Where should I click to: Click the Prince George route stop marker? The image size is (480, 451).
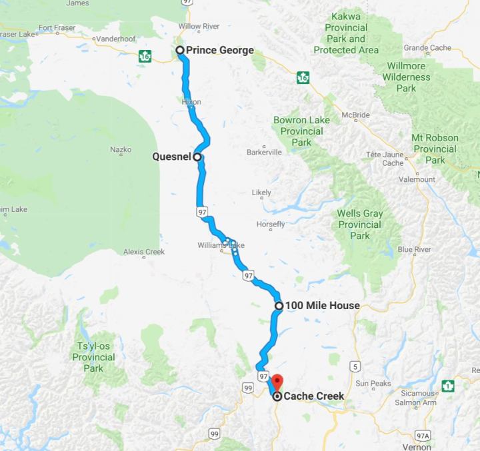[179, 50]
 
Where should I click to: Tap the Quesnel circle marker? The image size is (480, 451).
[197, 157]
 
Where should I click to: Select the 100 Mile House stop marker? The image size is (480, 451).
[279, 306]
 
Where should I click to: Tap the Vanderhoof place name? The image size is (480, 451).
[115, 39]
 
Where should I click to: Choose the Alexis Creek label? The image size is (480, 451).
[143, 252]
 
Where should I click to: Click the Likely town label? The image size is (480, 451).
[261, 193]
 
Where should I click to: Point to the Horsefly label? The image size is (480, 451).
[270, 223]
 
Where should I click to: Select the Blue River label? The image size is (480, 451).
[413, 249]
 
